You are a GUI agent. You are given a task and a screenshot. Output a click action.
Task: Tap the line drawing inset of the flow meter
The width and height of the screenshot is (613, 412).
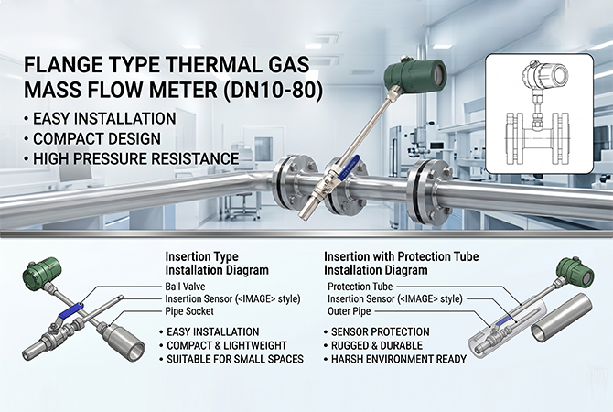pos(539,114)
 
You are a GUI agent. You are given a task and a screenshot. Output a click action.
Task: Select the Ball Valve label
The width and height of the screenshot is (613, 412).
pos(185,287)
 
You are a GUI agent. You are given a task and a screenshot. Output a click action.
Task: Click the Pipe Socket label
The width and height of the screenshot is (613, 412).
pos(189,311)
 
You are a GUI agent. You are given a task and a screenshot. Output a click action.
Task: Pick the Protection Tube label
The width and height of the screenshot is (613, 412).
pos(360,287)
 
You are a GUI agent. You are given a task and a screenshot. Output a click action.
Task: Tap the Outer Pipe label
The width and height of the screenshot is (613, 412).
pos(350,311)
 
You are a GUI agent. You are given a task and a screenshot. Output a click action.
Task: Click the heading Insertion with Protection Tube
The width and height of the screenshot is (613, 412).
pos(401,256)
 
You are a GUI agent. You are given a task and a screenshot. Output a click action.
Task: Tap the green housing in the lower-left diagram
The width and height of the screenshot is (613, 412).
pos(41,271)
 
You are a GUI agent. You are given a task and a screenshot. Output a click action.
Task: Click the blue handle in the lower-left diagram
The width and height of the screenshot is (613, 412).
pos(70,311)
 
